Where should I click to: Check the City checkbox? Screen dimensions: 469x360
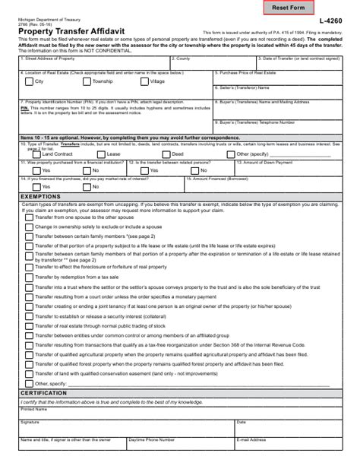[28, 81]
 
